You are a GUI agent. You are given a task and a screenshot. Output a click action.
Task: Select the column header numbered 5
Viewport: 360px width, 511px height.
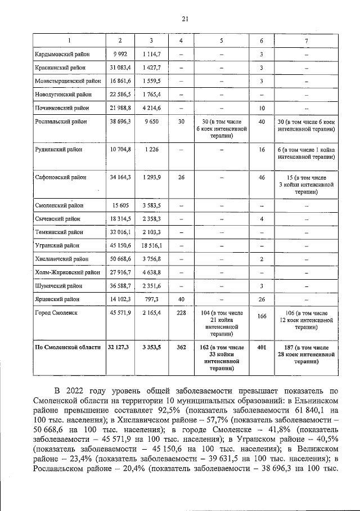[x=221, y=41]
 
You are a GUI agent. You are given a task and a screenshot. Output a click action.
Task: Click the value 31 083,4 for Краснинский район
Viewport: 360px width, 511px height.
[x=119, y=68]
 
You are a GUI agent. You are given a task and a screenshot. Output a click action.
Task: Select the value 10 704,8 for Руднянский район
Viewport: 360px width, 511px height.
[x=119, y=150]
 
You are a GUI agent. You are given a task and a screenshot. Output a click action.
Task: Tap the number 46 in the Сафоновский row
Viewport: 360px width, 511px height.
[x=262, y=177]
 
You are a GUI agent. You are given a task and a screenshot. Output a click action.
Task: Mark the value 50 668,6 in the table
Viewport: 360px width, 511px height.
[x=119, y=259]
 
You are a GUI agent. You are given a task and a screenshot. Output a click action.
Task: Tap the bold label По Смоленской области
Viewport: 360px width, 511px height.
[x=67, y=348]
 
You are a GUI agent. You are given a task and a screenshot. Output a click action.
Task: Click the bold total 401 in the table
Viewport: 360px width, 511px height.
[x=262, y=348]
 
